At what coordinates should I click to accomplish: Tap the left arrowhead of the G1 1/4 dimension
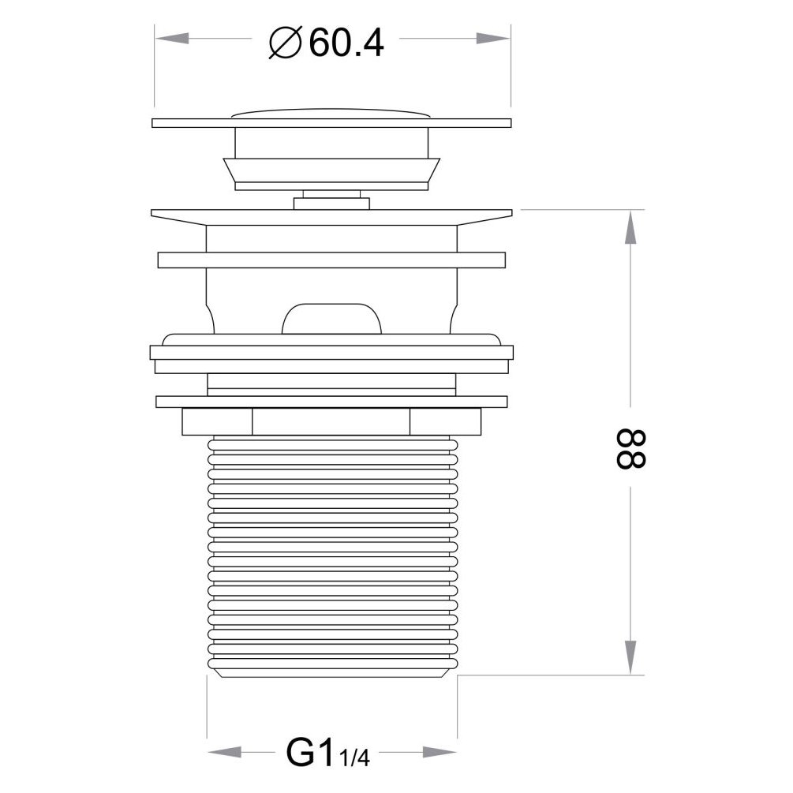225,751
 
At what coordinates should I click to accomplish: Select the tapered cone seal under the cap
331,170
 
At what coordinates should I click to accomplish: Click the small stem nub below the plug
331,203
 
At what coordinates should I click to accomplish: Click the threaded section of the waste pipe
331,552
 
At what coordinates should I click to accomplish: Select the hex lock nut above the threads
331,421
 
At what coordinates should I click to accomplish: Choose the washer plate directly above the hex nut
331,401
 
